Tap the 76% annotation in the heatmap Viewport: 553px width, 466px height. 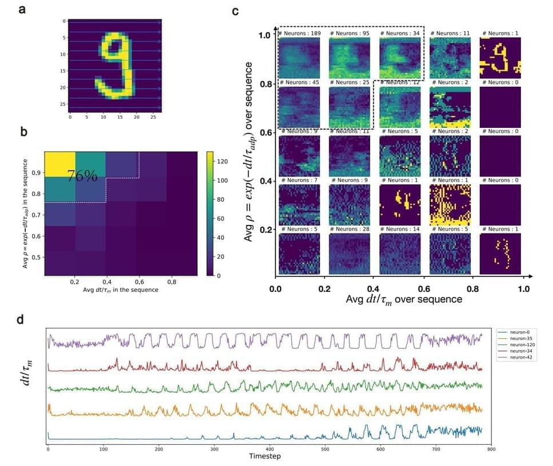[x=82, y=176]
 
